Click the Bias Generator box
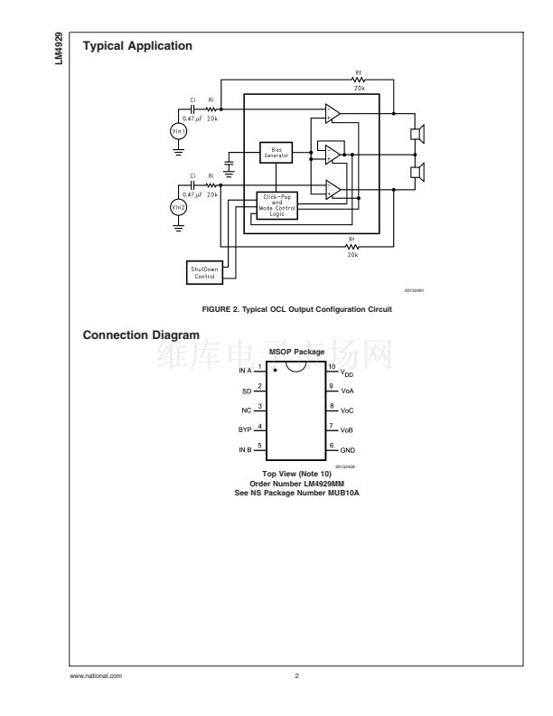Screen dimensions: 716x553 [276, 153]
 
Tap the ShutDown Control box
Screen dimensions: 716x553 [203, 272]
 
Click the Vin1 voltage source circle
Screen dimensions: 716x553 [179, 131]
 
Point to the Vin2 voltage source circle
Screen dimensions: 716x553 [179, 208]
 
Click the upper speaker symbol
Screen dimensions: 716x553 [417, 134]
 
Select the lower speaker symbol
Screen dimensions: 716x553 [417, 171]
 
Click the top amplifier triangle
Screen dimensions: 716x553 [333, 113]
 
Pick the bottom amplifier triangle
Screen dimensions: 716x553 [333, 189]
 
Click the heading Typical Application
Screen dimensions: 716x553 [136, 45]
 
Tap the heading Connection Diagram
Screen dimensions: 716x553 [141, 335]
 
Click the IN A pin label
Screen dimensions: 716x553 [245, 371]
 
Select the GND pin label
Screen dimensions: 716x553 [348, 449]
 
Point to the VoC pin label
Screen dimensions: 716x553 [347, 410]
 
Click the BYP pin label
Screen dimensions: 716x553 [245, 429]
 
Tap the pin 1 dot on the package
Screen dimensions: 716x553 [276, 371]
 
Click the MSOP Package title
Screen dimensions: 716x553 [297, 352]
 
